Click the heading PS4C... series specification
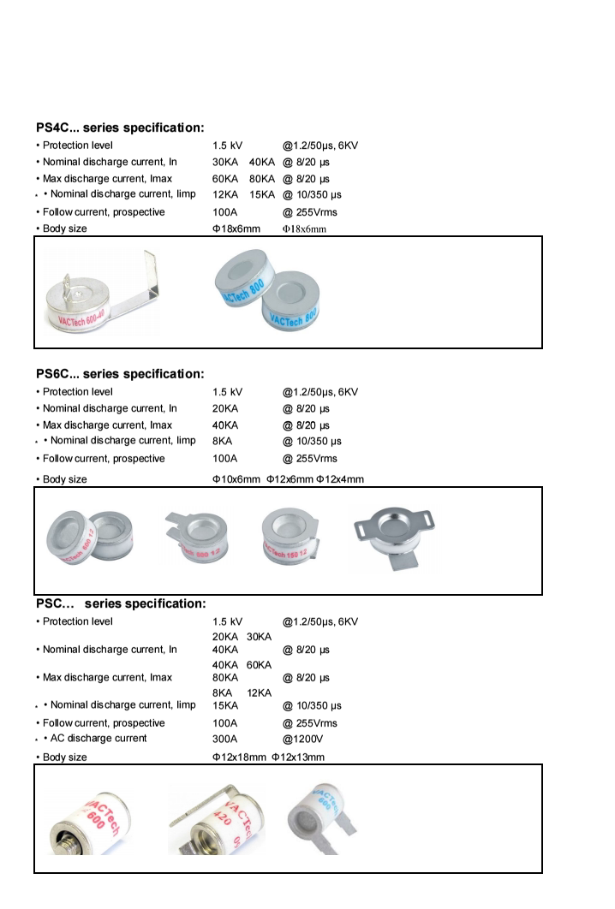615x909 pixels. [x=120, y=128]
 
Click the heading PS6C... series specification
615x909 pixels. [x=120, y=374]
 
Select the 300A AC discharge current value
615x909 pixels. [x=226, y=738]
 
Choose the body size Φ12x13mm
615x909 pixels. [x=298, y=757]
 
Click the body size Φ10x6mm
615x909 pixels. [x=236, y=479]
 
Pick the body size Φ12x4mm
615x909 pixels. [x=340, y=479]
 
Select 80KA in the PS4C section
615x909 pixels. [x=261, y=179]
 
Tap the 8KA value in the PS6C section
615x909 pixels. [x=224, y=441]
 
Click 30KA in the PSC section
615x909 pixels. [x=259, y=636]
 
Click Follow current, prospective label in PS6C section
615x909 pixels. [x=104, y=458]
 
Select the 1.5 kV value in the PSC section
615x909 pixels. [x=227, y=621]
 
